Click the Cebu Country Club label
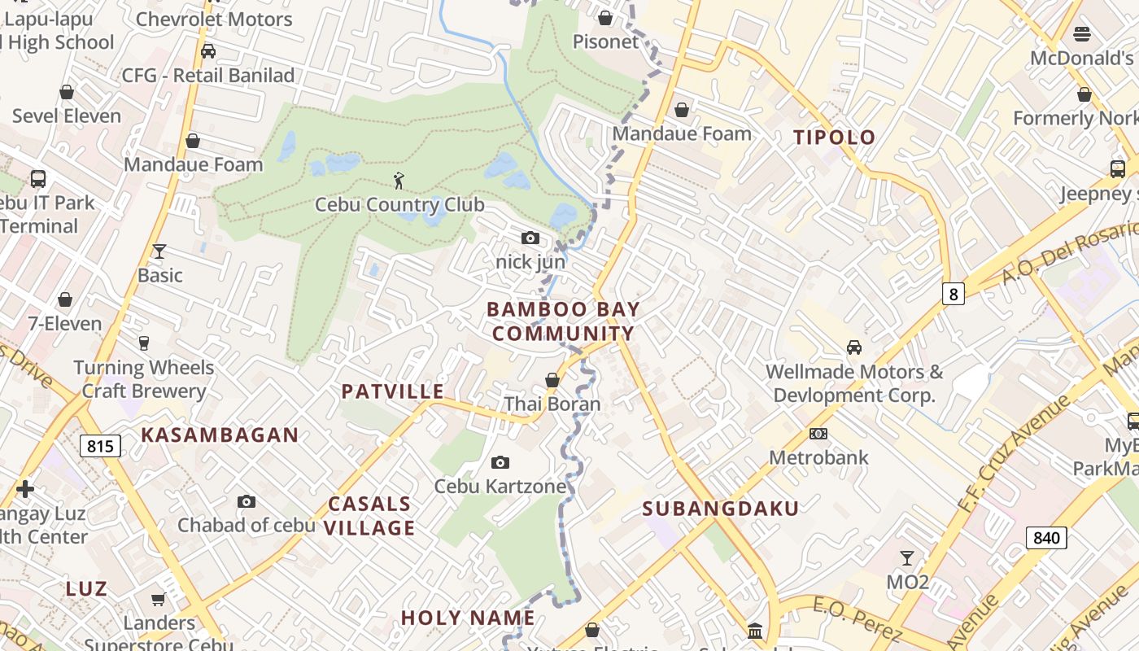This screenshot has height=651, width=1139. (399, 204)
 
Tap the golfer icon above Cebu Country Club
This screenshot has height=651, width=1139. (399, 181)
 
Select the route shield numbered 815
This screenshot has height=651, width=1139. (101, 445)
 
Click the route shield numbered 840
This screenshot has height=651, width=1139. (1046, 537)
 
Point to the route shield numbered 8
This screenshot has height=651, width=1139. (953, 293)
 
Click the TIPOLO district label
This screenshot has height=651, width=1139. (834, 138)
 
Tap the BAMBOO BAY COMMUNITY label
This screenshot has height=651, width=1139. (563, 321)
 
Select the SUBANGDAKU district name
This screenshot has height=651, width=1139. (721, 509)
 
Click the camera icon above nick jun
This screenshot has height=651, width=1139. (530, 238)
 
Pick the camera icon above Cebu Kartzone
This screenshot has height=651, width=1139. (500, 462)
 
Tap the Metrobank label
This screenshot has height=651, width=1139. (818, 457)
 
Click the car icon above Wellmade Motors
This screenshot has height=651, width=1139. (854, 347)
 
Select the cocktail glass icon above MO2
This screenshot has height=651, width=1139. (907, 558)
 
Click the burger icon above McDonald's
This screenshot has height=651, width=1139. (1082, 33)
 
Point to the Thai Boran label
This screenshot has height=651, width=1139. (552, 404)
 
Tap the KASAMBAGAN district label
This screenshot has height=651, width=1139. (220, 435)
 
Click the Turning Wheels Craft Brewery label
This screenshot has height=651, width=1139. (144, 379)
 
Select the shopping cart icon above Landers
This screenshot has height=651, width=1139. (158, 599)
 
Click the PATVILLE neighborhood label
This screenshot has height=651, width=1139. (393, 391)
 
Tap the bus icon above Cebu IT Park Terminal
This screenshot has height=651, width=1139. (38, 179)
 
